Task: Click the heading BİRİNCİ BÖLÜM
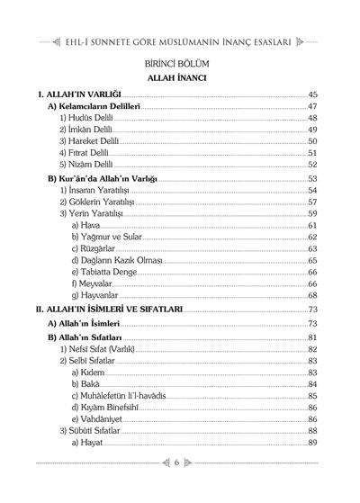pos(180,65)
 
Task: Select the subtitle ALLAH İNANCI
pos(180,79)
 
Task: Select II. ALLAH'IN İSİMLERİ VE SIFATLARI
pos(108,309)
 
